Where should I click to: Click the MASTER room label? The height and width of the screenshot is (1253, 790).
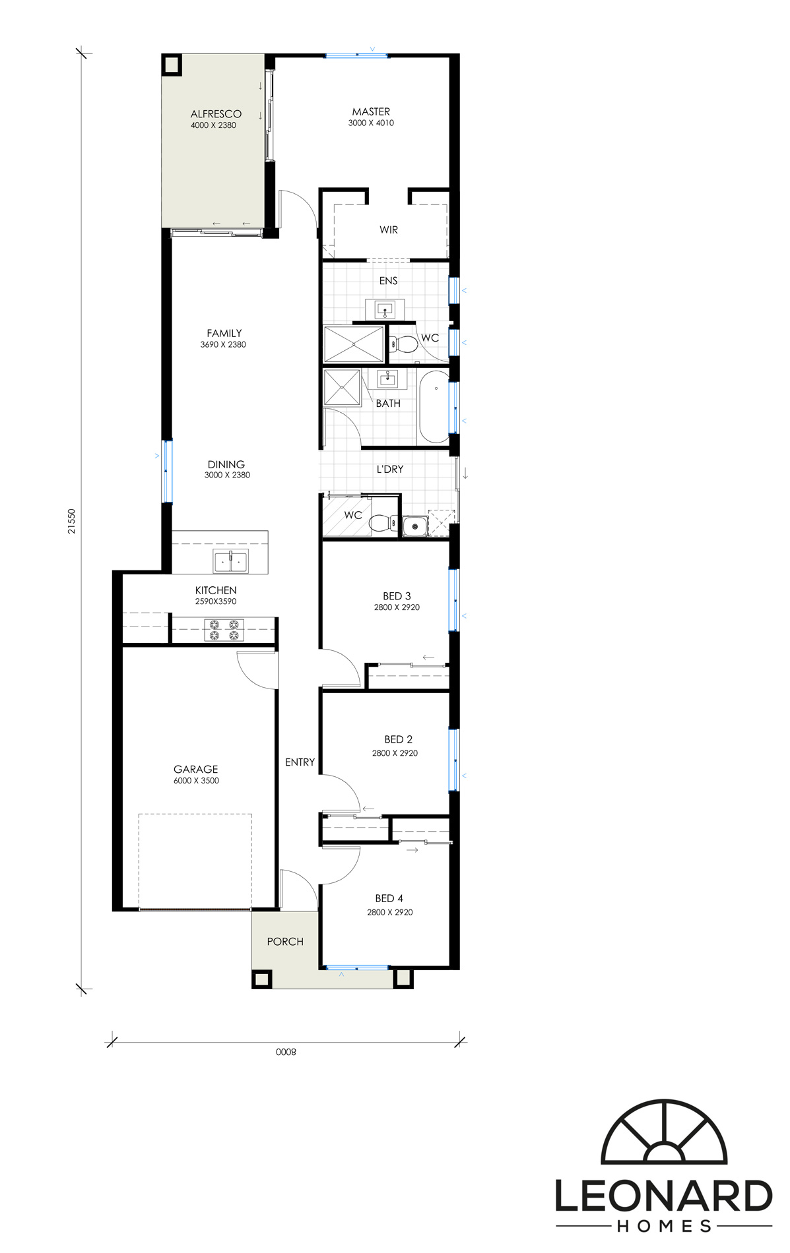click(x=371, y=112)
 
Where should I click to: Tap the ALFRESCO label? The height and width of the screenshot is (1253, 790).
click(x=216, y=114)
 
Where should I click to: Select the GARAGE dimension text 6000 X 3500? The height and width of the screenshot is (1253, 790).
click(x=196, y=781)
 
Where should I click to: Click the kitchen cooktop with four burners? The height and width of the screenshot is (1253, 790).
click(x=224, y=630)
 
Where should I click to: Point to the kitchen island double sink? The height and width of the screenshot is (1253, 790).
click(x=231, y=561)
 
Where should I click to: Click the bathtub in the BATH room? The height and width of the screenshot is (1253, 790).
click(x=434, y=407)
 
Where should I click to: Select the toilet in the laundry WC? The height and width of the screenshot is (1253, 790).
click(x=383, y=524)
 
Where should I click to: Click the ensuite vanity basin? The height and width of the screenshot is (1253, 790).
click(x=385, y=309)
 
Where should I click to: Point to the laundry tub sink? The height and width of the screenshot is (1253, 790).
click(x=415, y=526)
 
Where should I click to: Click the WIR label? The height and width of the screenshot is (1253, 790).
click(x=389, y=230)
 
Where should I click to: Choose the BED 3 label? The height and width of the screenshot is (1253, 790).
click(x=397, y=596)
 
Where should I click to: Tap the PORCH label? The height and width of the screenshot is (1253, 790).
click(x=285, y=942)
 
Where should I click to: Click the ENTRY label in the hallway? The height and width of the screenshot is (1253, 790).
click(x=300, y=762)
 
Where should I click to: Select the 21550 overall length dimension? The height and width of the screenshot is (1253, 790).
click(x=72, y=521)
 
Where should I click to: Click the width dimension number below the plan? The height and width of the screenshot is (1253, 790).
click(x=286, y=1052)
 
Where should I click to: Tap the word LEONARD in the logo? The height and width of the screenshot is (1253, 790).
click(x=663, y=1196)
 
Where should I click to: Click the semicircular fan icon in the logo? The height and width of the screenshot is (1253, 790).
click(x=663, y=1132)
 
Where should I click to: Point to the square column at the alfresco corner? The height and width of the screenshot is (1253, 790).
click(x=172, y=65)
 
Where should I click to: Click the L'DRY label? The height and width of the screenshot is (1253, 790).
click(x=390, y=470)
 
